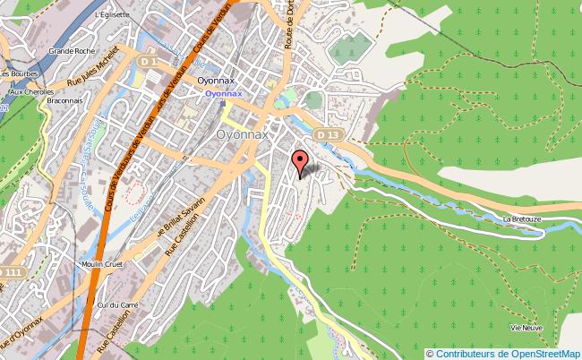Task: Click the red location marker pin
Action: click(301, 164)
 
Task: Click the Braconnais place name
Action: click(63, 100)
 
